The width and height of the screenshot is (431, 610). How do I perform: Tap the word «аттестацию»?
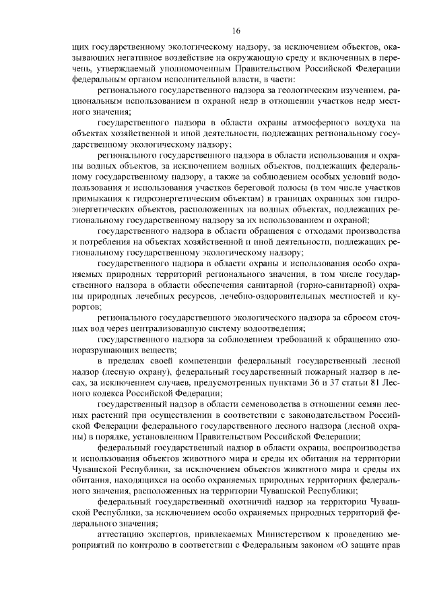click(120, 533)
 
